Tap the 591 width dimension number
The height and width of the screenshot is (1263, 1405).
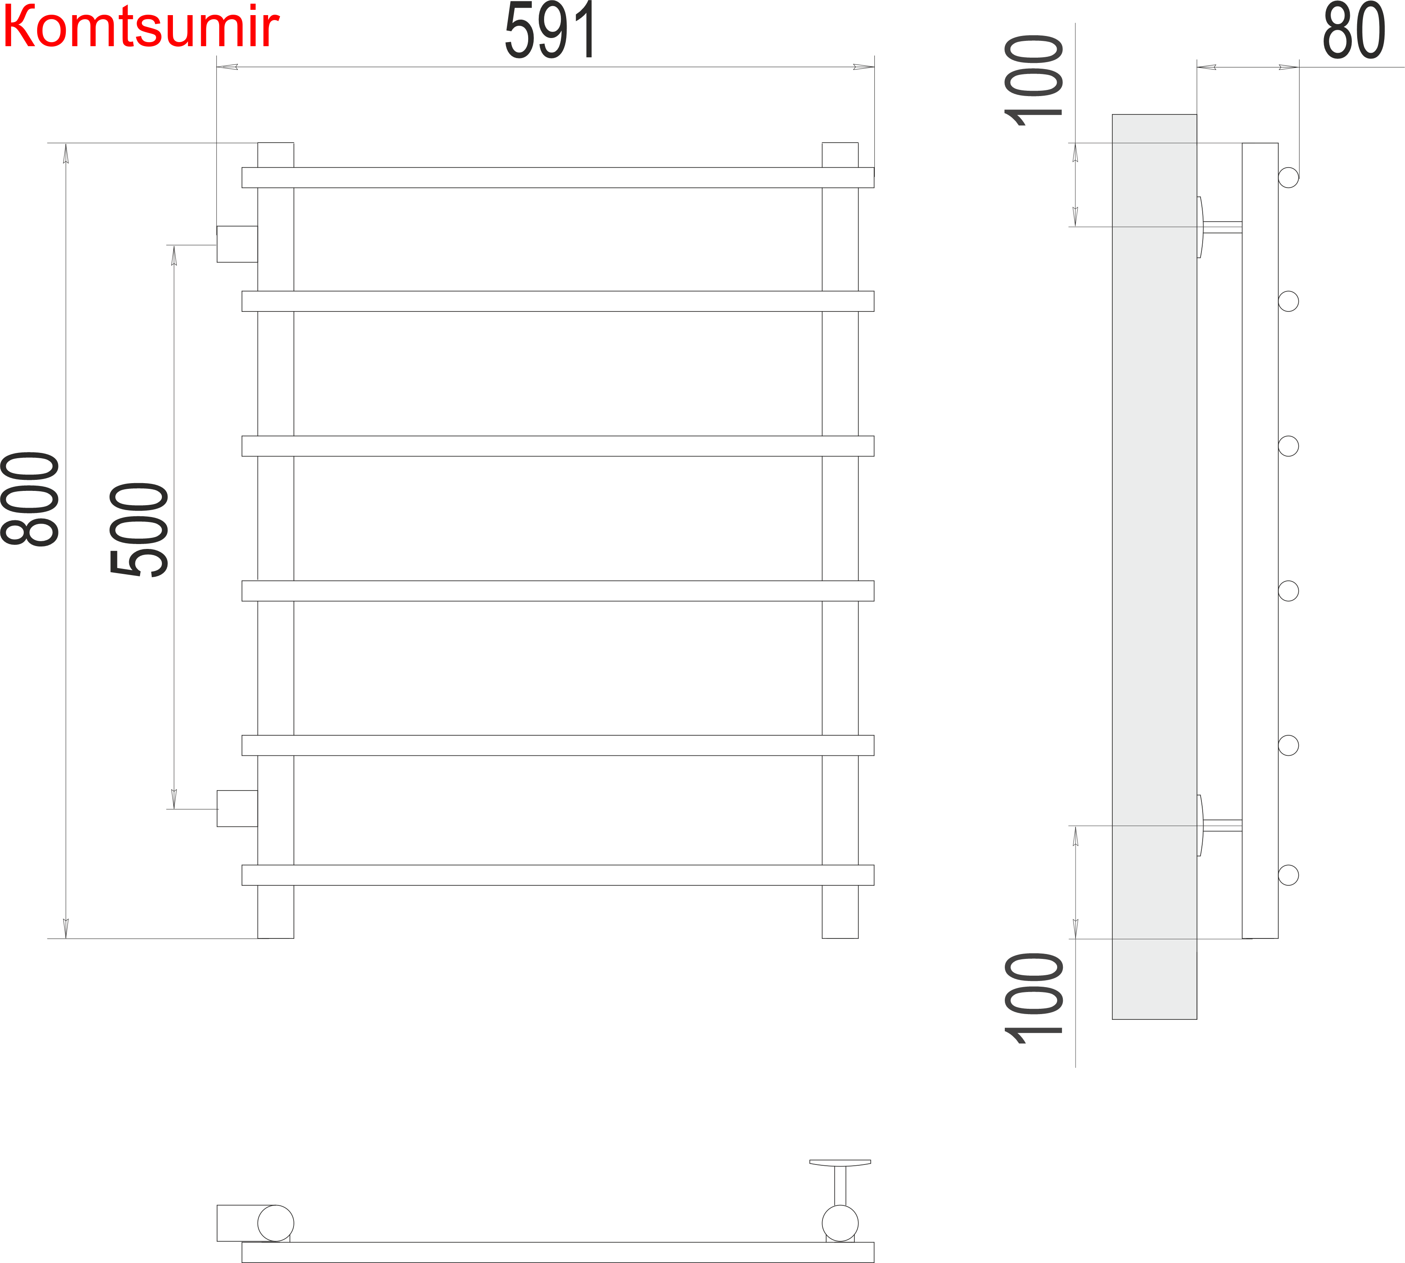pyautogui.click(x=550, y=31)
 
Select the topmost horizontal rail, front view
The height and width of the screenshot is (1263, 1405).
pyautogui.click(x=558, y=178)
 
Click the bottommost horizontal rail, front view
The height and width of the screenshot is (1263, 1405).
pyautogui.click(x=558, y=875)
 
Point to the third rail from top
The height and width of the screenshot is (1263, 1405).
pyautogui.click(x=558, y=446)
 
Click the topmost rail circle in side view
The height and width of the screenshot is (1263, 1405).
pyautogui.click(x=1288, y=178)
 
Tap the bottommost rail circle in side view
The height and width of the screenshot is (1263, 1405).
pyautogui.click(x=1288, y=875)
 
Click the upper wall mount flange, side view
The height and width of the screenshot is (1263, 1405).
pyautogui.click(x=1200, y=227)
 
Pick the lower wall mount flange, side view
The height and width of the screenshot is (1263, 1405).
pyautogui.click(x=1200, y=825)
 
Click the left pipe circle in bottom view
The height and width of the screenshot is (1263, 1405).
pyautogui.click(x=276, y=1223)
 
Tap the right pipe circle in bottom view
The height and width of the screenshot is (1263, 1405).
pyautogui.click(x=840, y=1223)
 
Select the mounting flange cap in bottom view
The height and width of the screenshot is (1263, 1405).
pyautogui.click(x=840, y=1162)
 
